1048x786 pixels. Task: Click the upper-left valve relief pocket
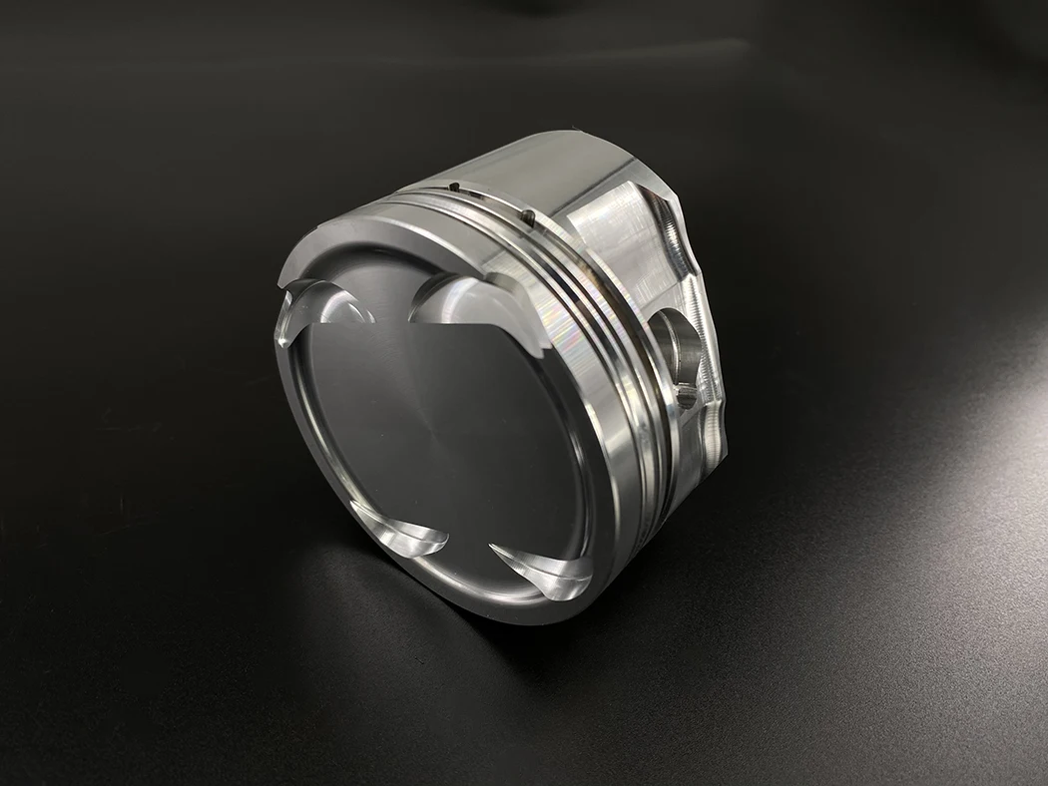click(x=317, y=304)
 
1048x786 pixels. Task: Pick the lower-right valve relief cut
click(x=544, y=569)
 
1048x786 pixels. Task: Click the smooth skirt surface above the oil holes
click(x=539, y=170)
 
